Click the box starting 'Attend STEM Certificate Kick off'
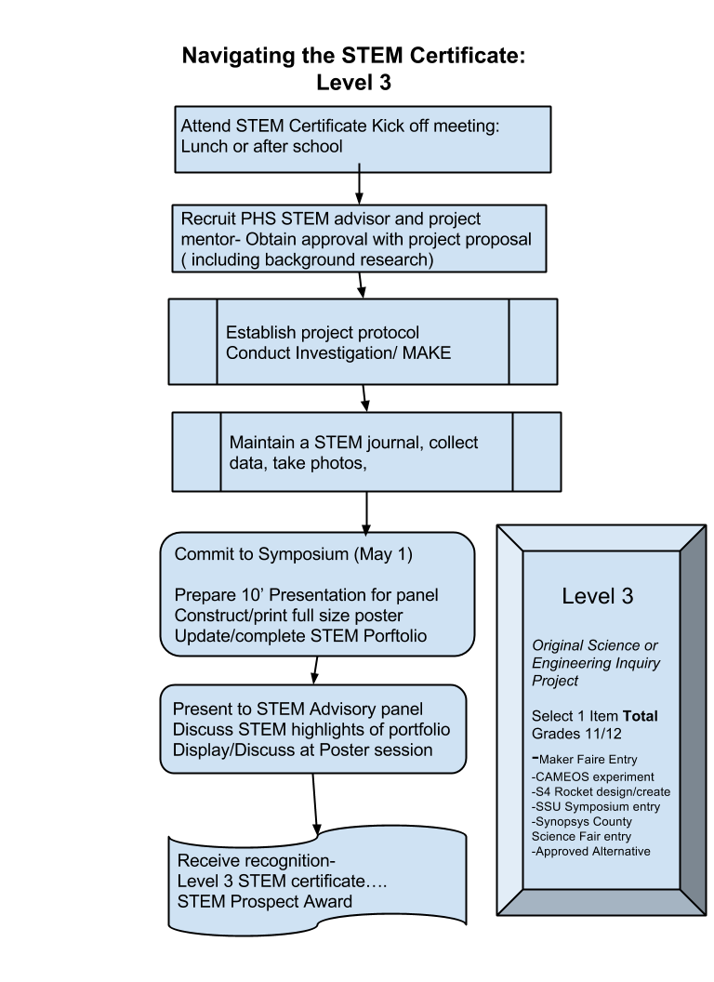coord(363,139)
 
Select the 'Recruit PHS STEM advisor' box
coord(358,239)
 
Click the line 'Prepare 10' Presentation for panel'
coord(306,595)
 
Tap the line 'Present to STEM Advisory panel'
coord(297,710)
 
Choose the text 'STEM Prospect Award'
coord(265,901)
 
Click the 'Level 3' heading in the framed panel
coord(597,596)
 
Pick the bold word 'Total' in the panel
coord(640,716)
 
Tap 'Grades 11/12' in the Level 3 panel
coord(569,733)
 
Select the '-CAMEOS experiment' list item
coord(592,776)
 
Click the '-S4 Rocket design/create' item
coord(601,791)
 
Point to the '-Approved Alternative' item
coord(590,851)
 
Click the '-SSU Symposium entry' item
coord(595,806)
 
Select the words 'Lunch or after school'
coord(261,146)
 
